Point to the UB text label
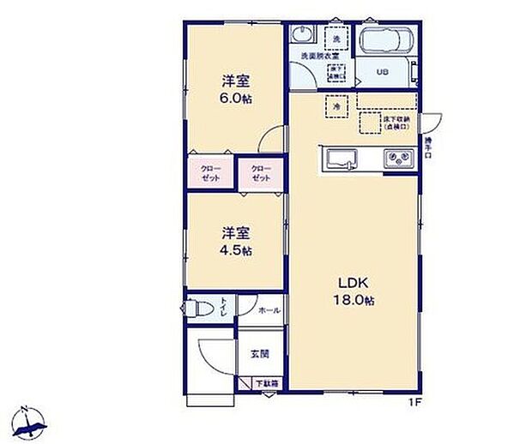(x=382, y=72)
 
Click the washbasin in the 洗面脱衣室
(x=302, y=35)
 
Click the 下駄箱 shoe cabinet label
(x=268, y=384)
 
